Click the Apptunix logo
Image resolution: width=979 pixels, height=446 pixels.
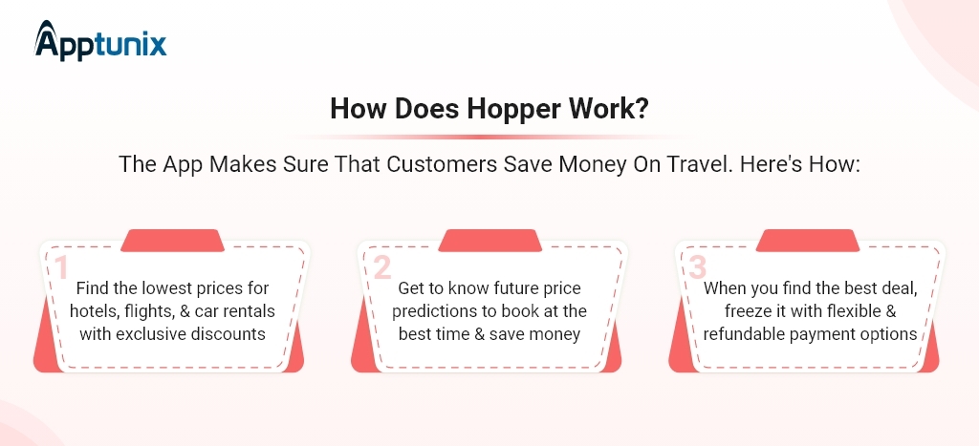tap(100, 41)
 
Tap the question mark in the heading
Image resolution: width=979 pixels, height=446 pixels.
tap(642, 109)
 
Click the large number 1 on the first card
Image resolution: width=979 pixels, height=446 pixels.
tap(60, 268)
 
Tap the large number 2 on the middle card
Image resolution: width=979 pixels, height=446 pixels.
tap(382, 268)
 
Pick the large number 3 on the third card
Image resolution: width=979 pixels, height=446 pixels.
tap(697, 268)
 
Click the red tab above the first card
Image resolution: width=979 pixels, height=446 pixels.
tap(172, 241)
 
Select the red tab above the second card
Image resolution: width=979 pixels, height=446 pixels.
tap(490, 241)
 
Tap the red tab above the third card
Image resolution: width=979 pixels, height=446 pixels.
tap(808, 241)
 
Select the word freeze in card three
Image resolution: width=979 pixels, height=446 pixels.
tap(747, 310)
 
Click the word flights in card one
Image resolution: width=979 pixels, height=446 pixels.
tap(149, 310)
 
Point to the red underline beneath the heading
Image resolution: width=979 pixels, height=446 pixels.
tap(490, 137)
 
